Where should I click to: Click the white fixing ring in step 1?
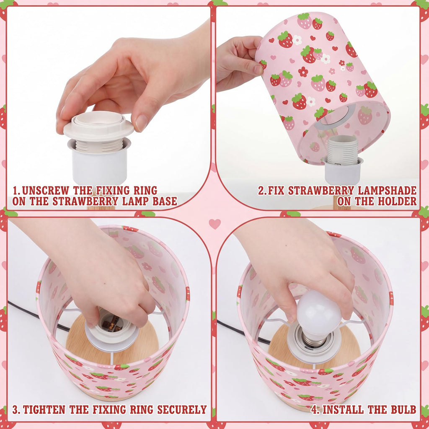coord(98,126)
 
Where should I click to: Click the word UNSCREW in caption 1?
coord(45,191)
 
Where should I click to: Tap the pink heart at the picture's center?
coord(214,224)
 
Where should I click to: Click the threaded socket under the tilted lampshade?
coord(343,150)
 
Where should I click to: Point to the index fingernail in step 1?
coord(142,123)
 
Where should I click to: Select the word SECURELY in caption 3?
coord(182,410)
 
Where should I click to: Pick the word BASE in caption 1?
coord(165,202)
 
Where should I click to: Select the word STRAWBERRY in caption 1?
coord(85,202)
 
